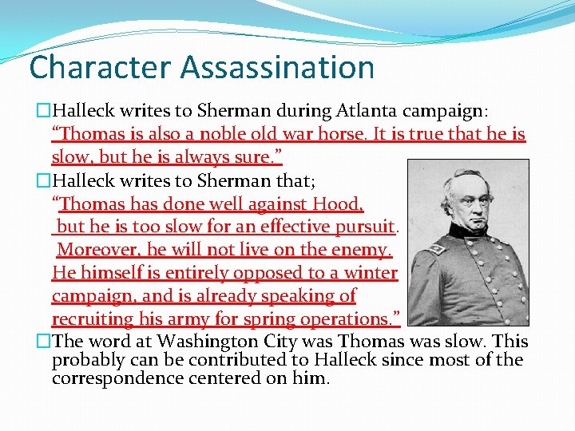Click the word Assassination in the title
tap(277, 67)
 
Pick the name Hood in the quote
tap(338, 204)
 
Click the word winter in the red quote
tap(369, 273)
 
